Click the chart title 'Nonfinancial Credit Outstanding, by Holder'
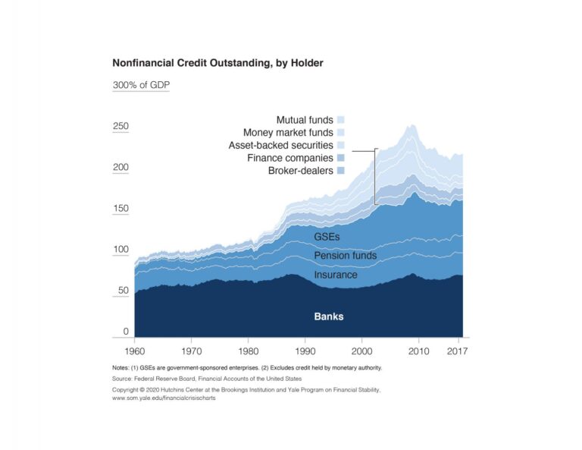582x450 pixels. click(x=217, y=63)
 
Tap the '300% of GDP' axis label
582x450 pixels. click(x=140, y=85)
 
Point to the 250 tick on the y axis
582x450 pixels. click(x=120, y=127)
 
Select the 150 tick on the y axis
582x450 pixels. click(x=120, y=209)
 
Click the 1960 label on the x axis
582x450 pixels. click(x=134, y=351)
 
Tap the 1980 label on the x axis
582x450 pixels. click(x=248, y=351)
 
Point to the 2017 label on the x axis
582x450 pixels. click(x=457, y=351)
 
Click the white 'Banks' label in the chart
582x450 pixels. click(x=329, y=316)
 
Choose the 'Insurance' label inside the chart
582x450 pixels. click(x=336, y=275)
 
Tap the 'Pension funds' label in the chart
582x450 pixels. click(x=345, y=256)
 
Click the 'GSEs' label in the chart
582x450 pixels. click(x=327, y=237)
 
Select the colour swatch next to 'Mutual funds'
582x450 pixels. click(x=341, y=120)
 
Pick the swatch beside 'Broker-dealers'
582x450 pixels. click(x=341, y=171)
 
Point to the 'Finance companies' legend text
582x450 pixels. click(x=290, y=158)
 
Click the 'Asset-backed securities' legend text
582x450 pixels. click(x=280, y=145)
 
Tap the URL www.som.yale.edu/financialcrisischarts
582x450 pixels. click(x=164, y=398)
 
